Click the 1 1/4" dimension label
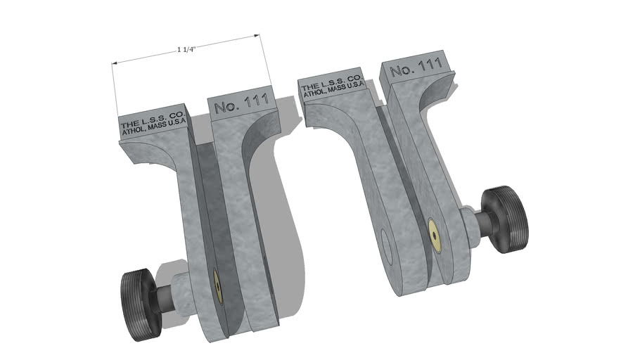pos(187,50)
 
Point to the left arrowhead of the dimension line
pos(116,64)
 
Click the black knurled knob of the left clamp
pos(136,295)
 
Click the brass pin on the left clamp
pos(218,286)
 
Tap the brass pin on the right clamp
pos(435,234)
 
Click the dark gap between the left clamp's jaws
pos(212,211)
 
